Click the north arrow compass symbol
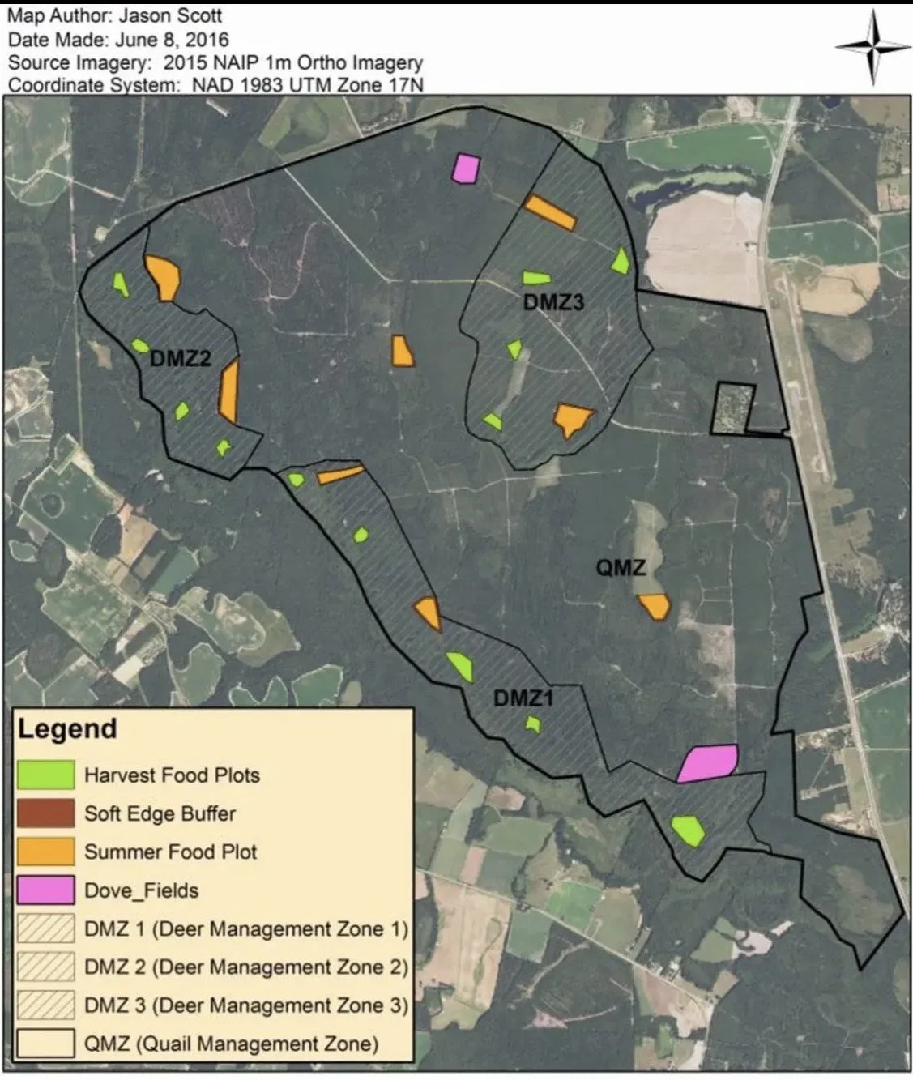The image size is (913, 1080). point(872,46)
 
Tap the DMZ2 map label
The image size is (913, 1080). point(181,357)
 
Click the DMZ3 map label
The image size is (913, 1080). point(553,302)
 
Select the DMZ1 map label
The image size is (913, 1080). point(523,697)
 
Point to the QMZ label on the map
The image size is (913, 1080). point(621,567)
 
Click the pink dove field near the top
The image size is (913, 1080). point(466,169)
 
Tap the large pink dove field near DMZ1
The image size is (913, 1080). point(707,762)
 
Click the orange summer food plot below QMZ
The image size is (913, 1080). point(655,606)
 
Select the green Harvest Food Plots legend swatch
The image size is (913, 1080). point(45,775)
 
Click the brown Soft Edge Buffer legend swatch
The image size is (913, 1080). point(45,813)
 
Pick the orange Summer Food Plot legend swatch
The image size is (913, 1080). point(45,852)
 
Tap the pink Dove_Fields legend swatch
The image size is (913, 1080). point(45,890)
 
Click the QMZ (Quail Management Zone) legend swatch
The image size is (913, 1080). point(45,1044)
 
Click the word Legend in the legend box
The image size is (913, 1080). point(67,728)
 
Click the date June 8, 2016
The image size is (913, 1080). point(172,39)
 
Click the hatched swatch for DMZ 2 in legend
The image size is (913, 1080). point(45,967)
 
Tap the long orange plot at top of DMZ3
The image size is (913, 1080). point(550,212)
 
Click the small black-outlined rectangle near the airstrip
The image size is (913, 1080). point(732,408)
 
